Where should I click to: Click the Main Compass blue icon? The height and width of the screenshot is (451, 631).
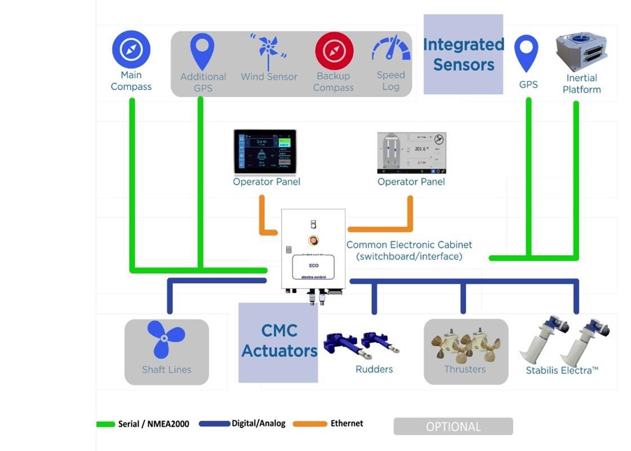[131, 50]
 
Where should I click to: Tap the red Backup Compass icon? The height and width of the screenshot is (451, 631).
[334, 51]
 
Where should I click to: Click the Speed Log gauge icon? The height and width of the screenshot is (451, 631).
[391, 50]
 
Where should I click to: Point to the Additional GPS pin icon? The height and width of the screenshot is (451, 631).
[202, 51]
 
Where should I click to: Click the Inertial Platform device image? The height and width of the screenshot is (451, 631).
[581, 52]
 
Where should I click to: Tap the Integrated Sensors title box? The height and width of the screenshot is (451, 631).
[463, 54]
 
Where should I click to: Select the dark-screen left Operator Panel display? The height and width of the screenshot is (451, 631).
[265, 152]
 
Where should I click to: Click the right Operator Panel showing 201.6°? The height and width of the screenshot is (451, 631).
[411, 153]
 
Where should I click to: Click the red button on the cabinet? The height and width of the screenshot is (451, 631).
[313, 241]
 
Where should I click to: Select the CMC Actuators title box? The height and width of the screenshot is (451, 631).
[278, 342]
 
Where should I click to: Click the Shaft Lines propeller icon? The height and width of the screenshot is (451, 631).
[166, 339]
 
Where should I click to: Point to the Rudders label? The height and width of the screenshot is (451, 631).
[374, 369]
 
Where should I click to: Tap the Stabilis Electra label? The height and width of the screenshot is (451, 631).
[561, 370]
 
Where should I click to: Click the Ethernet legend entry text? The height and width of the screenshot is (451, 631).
[346, 423]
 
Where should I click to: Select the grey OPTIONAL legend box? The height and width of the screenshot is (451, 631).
[453, 426]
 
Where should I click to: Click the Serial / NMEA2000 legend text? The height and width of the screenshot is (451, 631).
[153, 424]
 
